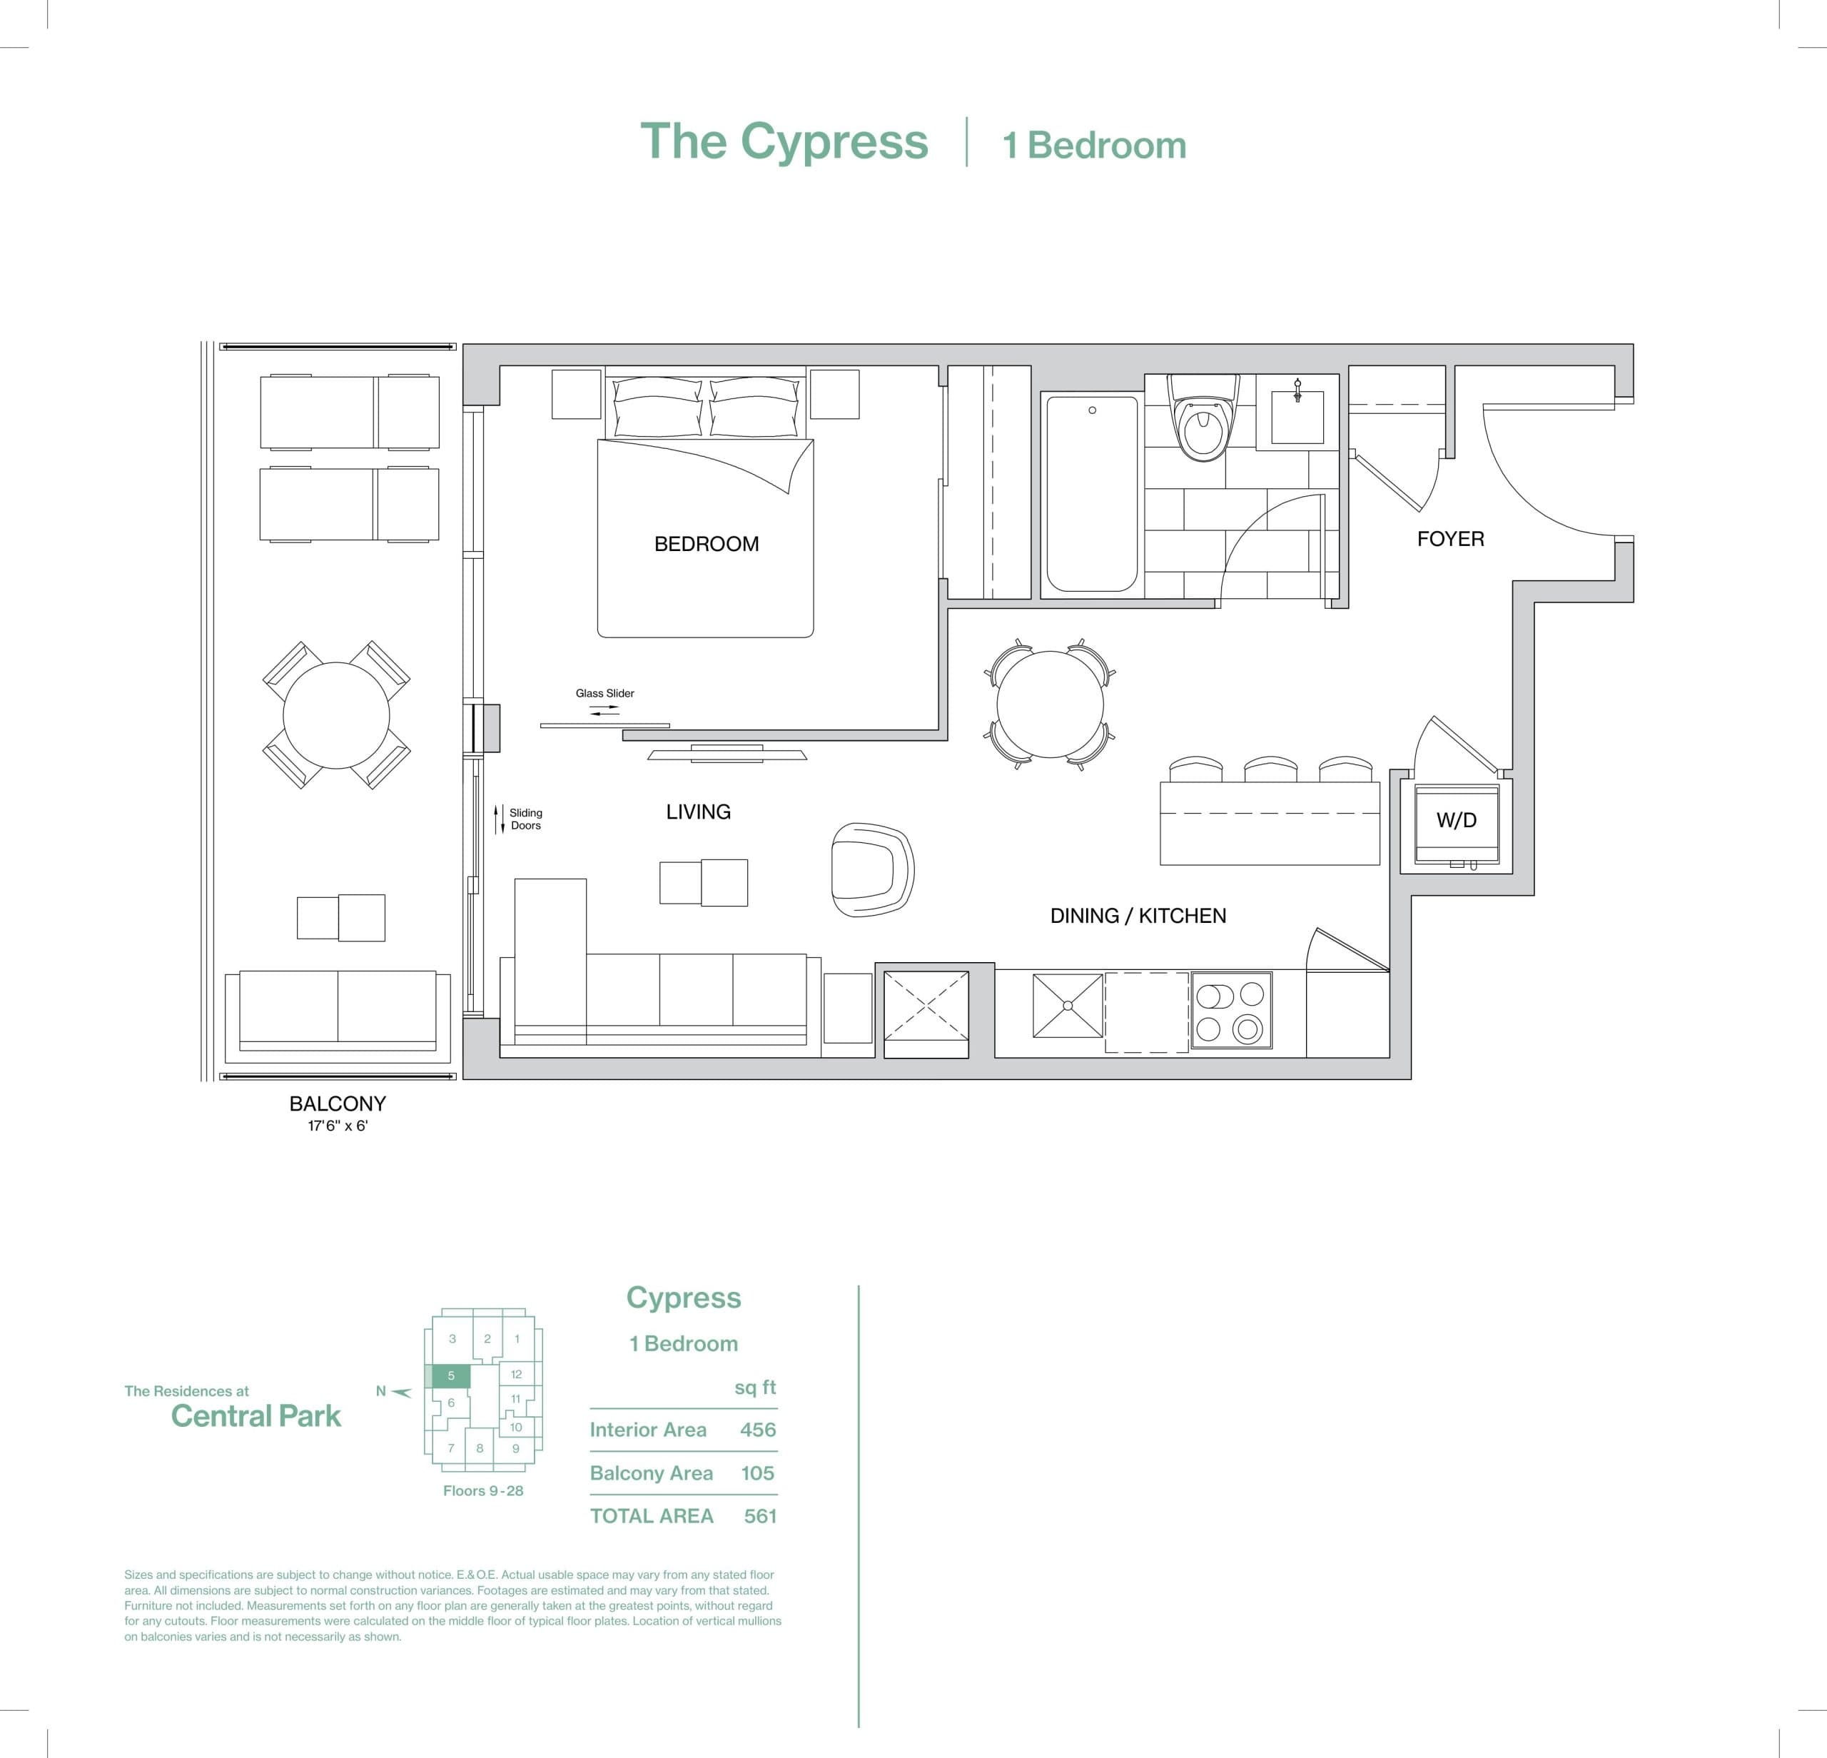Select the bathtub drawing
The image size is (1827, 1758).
(x=1091, y=493)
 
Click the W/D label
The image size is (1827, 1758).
(x=1456, y=820)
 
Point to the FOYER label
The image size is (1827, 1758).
(x=1449, y=539)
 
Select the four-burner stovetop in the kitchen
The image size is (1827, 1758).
(x=1231, y=1011)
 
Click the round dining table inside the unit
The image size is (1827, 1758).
(x=1050, y=704)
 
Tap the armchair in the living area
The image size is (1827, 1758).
(x=871, y=869)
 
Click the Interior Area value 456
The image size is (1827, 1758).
(x=757, y=1429)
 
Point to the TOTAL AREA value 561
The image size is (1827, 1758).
(x=759, y=1515)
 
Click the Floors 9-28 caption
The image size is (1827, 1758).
(x=483, y=1490)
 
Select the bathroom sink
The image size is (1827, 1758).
(x=1297, y=417)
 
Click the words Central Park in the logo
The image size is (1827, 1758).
(x=255, y=1416)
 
